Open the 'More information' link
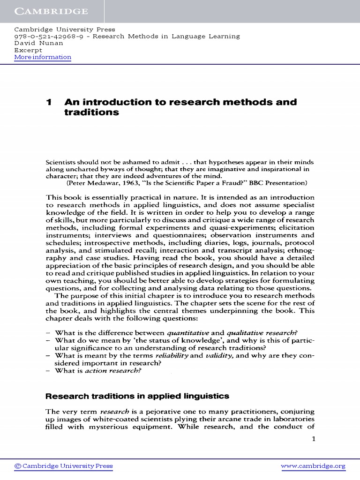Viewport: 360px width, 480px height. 43,57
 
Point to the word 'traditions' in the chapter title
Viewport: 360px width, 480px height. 91,113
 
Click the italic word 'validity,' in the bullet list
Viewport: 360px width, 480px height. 219,356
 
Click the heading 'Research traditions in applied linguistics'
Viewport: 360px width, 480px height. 137,396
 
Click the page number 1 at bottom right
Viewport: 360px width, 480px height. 314,439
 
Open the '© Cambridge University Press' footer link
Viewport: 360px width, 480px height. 63,466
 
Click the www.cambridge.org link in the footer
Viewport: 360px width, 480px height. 313,466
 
